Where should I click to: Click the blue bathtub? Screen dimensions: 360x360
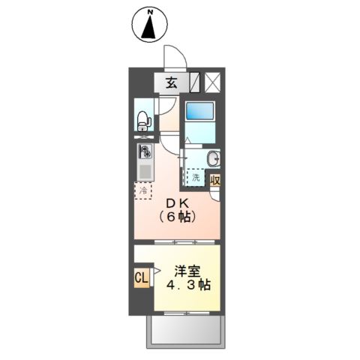[200, 112]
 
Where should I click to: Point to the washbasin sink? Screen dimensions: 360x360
[213, 158]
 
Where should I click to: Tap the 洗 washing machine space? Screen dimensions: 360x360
[195, 178]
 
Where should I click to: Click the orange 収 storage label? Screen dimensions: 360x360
[215, 180]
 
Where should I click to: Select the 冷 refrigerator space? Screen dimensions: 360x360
[142, 191]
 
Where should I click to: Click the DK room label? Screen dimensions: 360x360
[177, 203]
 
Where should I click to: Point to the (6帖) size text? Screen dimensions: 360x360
[178, 217]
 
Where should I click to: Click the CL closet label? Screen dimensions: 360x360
[141, 279]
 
